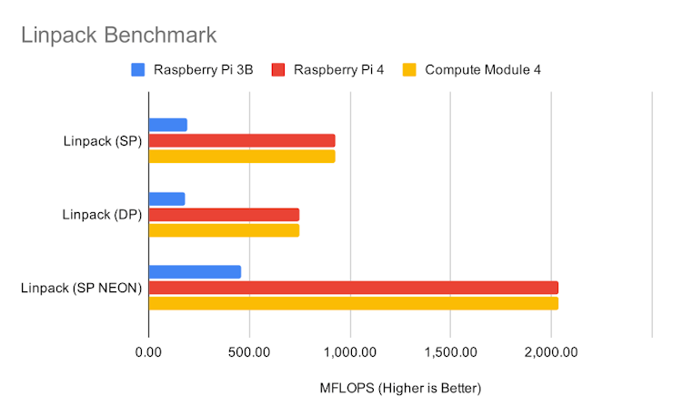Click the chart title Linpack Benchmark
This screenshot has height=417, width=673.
(119, 36)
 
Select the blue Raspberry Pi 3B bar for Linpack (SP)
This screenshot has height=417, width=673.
(168, 125)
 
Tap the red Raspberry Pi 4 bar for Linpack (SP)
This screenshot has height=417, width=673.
(242, 140)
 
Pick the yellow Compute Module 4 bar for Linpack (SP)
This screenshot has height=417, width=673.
(242, 156)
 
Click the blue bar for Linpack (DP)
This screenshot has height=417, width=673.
(166, 198)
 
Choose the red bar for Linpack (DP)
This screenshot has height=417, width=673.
(224, 214)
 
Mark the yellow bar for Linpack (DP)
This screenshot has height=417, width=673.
(224, 229)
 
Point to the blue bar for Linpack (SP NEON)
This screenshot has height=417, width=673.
(195, 272)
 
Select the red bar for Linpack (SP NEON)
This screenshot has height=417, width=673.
(353, 288)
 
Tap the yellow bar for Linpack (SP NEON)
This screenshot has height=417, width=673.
(353, 303)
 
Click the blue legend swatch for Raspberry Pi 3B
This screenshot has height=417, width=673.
(138, 69)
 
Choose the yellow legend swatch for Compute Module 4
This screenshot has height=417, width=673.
(409, 69)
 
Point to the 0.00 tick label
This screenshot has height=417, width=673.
(148, 352)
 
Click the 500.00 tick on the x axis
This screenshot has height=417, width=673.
(249, 352)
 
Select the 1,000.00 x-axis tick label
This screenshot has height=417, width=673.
(350, 352)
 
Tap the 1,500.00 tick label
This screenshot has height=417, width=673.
(451, 352)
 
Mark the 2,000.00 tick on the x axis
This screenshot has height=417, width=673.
(552, 352)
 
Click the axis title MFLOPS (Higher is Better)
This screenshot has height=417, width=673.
(400, 388)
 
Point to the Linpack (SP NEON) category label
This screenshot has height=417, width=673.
(81, 289)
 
